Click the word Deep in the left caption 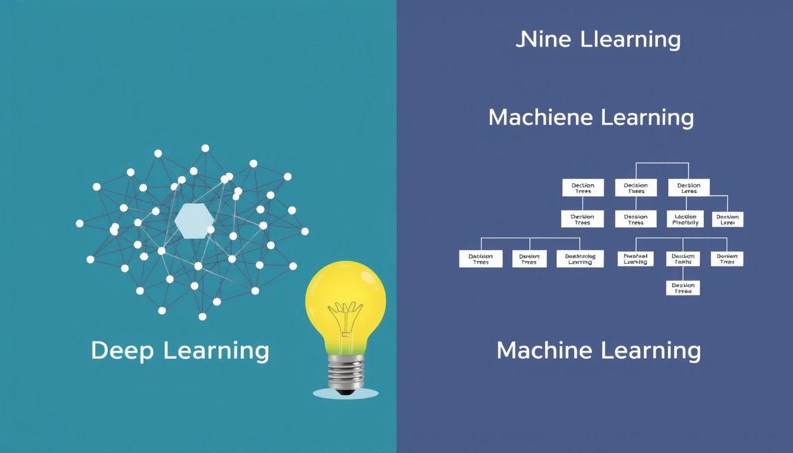(122, 351)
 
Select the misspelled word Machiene (540, 117)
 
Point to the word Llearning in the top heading (630, 40)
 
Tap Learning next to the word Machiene (647, 118)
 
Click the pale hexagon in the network (194, 221)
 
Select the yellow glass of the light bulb (345, 295)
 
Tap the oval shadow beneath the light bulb (346, 393)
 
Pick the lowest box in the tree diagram (683, 288)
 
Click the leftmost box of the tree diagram (481, 259)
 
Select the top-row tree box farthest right (689, 188)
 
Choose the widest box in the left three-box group (580, 259)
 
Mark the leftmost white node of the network (80, 224)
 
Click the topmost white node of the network (205, 148)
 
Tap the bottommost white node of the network (202, 317)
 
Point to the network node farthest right (305, 231)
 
